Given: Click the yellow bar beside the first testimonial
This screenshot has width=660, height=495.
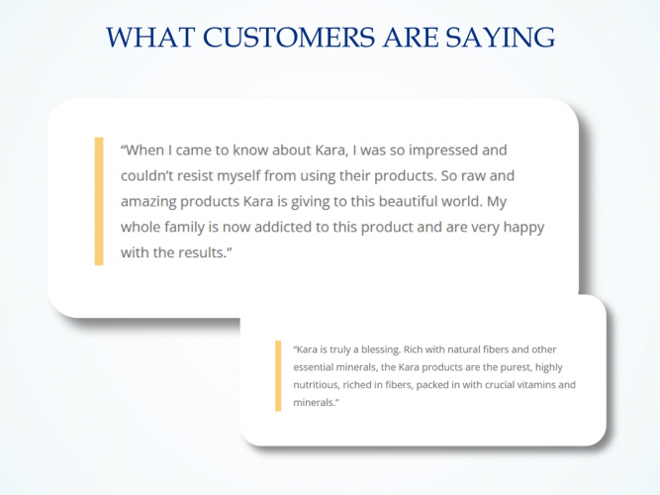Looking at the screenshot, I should [99, 201].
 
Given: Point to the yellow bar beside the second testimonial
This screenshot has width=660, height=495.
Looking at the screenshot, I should [279, 375].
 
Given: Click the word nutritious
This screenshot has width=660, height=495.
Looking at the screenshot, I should [318, 384].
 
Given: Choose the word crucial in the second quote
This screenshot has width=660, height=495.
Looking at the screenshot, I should [488, 384].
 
